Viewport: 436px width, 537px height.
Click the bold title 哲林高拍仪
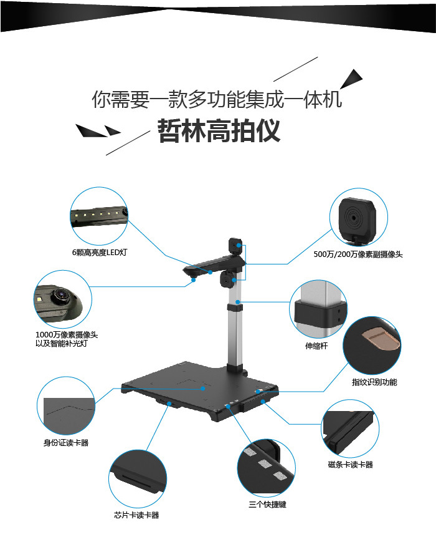[219, 131]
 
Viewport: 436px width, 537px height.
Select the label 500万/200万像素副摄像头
[358, 254]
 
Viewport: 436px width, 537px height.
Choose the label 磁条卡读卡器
[350, 465]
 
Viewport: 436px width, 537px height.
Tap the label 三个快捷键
[267, 504]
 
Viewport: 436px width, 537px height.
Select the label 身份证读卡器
[65, 443]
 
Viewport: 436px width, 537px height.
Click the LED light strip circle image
[99, 215]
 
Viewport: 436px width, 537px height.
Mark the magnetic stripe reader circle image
[351, 430]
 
